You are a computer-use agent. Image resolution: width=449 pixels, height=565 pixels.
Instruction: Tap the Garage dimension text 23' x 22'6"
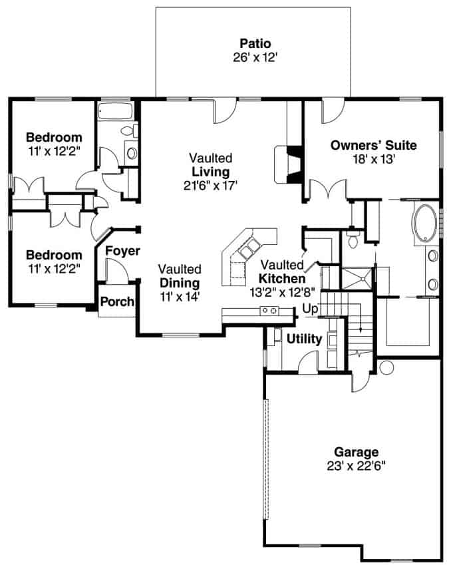[x=357, y=465]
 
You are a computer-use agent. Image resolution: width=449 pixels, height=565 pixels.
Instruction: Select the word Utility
[x=304, y=339]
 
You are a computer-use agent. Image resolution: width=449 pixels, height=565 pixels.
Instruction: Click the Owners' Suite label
[x=373, y=145]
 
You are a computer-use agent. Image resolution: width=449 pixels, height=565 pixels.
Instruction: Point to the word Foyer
[x=122, y=251]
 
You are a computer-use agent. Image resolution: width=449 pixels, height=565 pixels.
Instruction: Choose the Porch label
[x=117, y=301]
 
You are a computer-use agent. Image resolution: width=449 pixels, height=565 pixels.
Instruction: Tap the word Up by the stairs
[x=309, y=309]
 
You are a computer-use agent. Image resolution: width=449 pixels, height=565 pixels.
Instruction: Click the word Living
[x=210, y=172]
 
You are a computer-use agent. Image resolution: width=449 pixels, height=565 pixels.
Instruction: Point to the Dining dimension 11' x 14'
[x=180, y=295]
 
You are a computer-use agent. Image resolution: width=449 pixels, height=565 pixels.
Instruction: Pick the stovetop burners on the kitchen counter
[x=269, y=310]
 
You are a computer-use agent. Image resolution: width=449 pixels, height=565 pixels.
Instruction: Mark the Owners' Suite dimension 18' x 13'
[x=373, y=158]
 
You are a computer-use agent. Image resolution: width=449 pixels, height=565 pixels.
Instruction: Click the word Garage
[x=357, y=451]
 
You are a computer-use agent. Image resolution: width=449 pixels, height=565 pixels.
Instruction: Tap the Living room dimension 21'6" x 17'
[x=210, y=185]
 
